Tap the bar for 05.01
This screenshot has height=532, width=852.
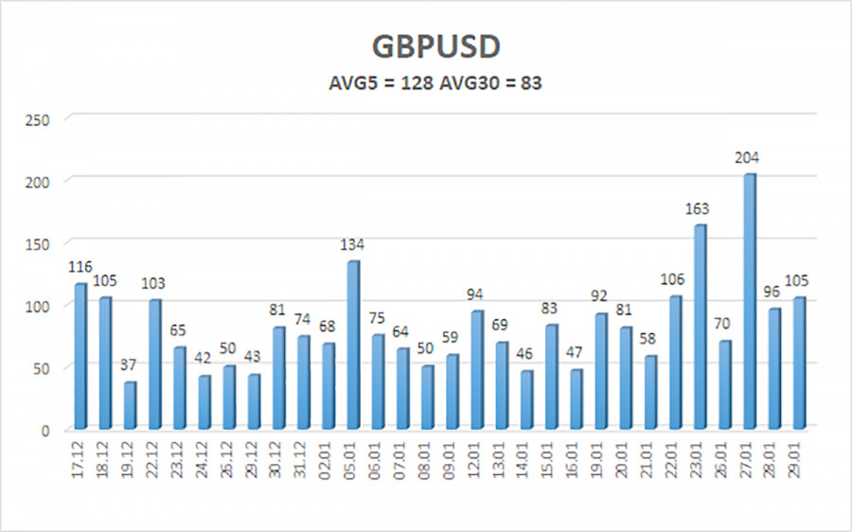pyautogui.click(x=353, y=345)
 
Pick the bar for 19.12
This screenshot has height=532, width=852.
pyautogui.click(x=131, y=405)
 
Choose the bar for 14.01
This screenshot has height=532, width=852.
pyautogui.click(x=526, y=399)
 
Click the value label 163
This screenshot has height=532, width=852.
pyautogui.click(x=699, y=208)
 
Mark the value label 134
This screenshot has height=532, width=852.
pyautogui.click(x=352, y=245)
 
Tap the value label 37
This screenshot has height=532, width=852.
pyautogui.click(x=131, y=366)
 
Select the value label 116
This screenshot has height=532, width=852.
pyautogui.click(x=80, y=268)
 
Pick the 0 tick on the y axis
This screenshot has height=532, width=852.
pyautogui.click(x=44, y=430)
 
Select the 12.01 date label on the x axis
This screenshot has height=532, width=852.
pyautogui.click(x=477, y=458)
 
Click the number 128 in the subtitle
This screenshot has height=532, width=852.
pyautogui.click(x=418, y=83)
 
